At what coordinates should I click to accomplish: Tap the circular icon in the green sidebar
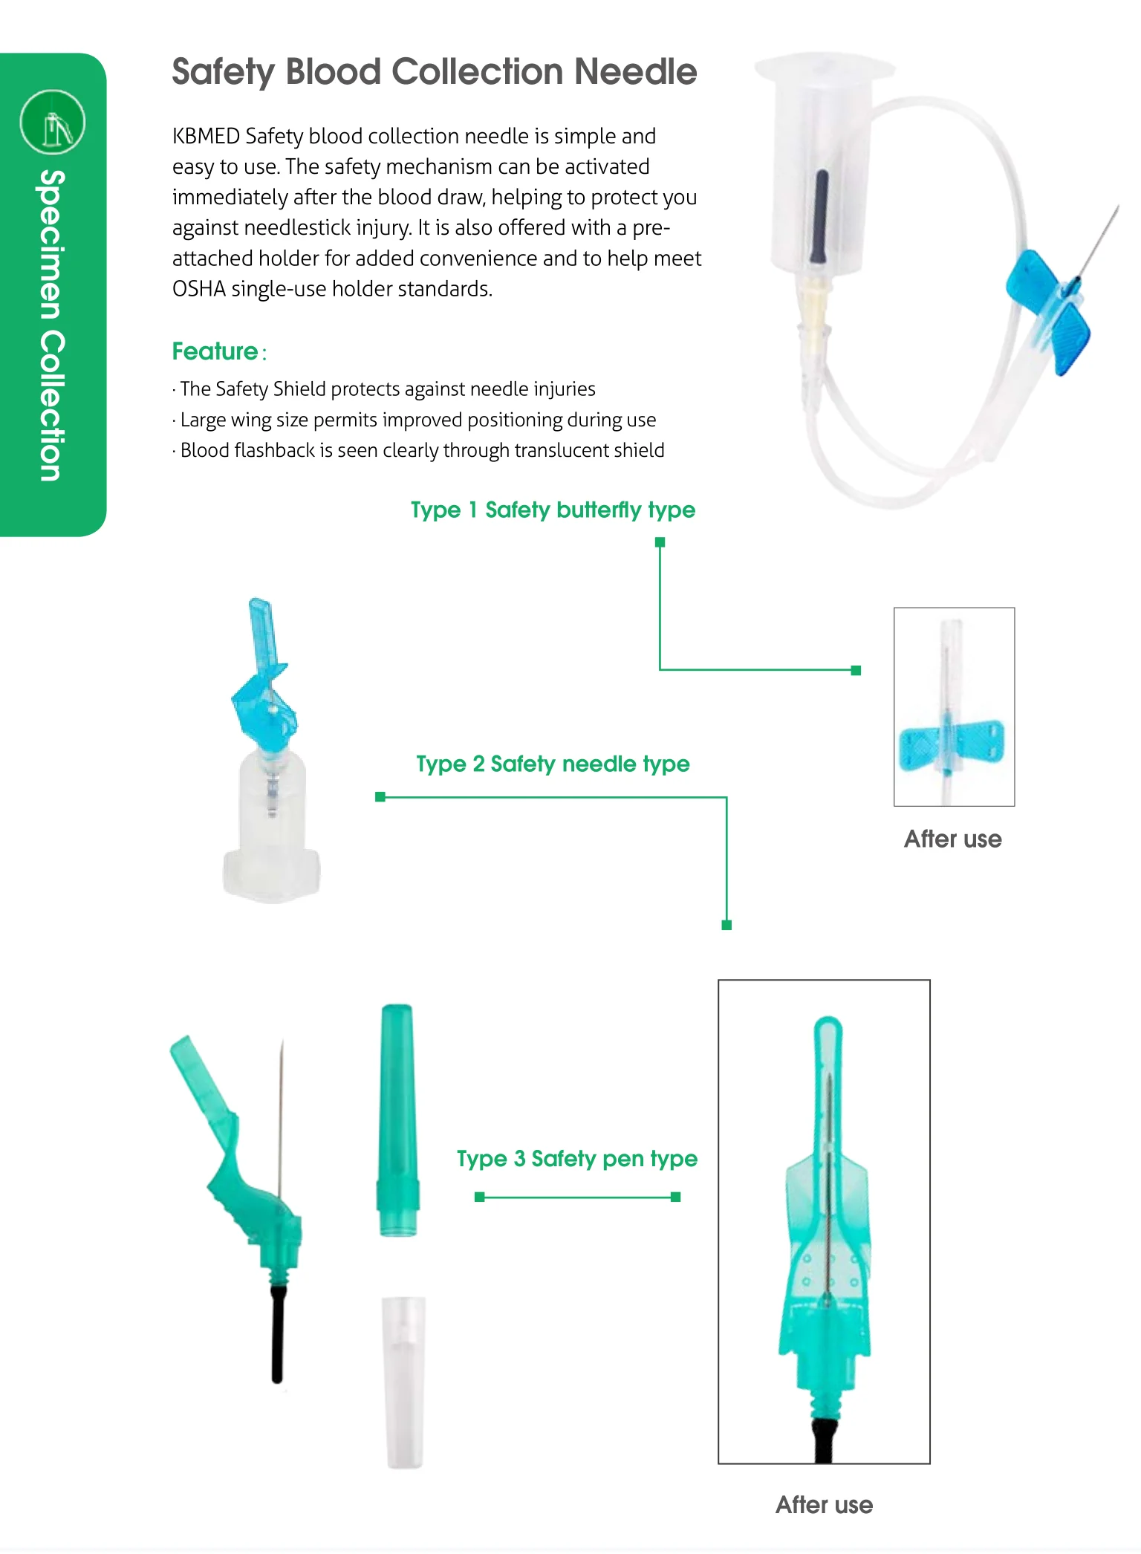coord(53,123)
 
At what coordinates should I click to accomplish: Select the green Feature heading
coord(215,351)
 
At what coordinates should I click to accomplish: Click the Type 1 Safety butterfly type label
coord(553,510)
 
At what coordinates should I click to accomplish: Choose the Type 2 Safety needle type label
coord(553,764)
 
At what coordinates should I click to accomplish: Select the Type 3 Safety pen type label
coord(576,1159)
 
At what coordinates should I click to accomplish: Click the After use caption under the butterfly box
coord(952,839)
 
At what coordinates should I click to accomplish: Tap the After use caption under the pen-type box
coord(824,1505)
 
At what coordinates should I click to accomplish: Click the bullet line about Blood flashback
coord(422,451)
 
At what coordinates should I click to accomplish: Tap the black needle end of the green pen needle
coord(277,1337)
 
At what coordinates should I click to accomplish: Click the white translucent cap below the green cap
coord(403,1382)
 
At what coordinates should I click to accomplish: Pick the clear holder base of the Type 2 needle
coord(272,832)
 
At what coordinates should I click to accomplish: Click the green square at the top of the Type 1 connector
coord(660,542)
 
